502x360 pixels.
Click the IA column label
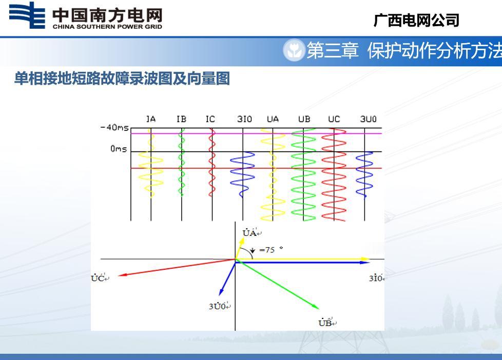pyautogui.click(x=151, y=119)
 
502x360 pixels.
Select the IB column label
pyautogui.click(x=181, y=119)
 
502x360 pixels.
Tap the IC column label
pyautogui.click(x=210, y=119)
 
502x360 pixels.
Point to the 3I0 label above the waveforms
pyautogui.click(x=244, y=119)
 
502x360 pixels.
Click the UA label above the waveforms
pyautogui.click(x=273, y=119)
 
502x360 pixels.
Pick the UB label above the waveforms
pyautogui.click(x=304, y=119)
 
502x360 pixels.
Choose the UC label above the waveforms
pyautogui.click(x=334, y=119)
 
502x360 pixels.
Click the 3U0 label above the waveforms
pyautogui.click(x=368, y=119)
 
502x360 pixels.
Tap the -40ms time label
pyautogui.click(x=114, y=128)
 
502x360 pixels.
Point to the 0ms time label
pyautogui.click(x=119, y=149)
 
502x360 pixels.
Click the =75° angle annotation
pyautogui.click(x=271, y=250)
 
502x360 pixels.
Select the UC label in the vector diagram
pyautogui.click(x=100, y=278)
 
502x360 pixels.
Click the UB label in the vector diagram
pyautogui.click(x=327, y=323)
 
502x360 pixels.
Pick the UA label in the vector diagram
pyautogui.click(x=252, y=233)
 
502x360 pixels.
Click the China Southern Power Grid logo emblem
pyautogui.click(x=27, y=15)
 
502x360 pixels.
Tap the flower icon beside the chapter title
pyautogui.click(x=294, y=50)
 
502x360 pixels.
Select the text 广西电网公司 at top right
pyautogui.click(x=416, y=20)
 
